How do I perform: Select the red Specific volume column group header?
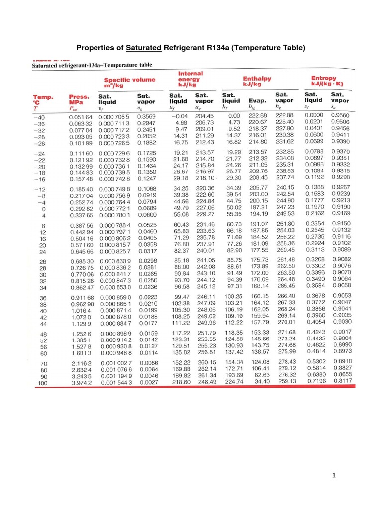(129, 82)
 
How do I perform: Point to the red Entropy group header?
(324, 81)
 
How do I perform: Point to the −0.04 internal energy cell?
(177, 115)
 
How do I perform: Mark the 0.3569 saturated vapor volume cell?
(146, 115)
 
